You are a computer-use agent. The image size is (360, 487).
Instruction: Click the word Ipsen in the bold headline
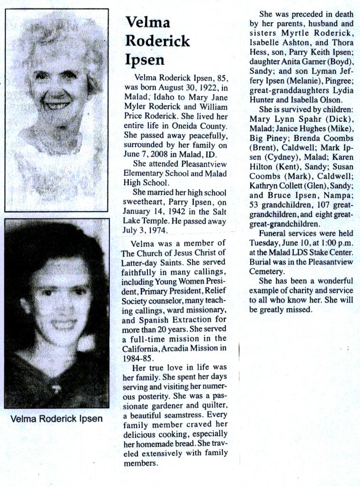(145, 60)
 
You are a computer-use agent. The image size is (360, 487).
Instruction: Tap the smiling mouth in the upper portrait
(57, 105)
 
